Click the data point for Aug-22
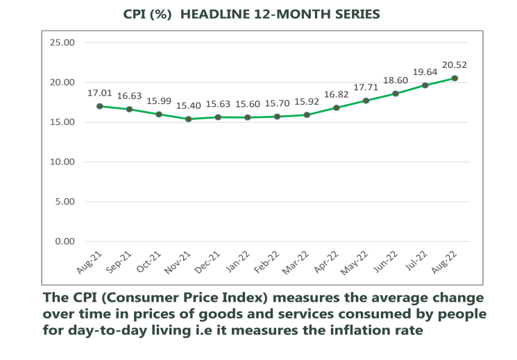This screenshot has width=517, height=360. (x=455, y=78)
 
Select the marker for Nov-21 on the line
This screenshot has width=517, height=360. (x=188, y=119)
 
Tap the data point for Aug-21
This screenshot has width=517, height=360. (x=100, y=106)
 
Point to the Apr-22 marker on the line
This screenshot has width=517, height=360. (x=336, y=108)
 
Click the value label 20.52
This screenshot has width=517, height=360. (x=455, y=65)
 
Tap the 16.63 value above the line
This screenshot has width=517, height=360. (x=129, y=96)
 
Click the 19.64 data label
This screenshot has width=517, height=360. (x=425, y=72)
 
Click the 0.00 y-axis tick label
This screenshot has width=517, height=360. (x=65, y=241)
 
